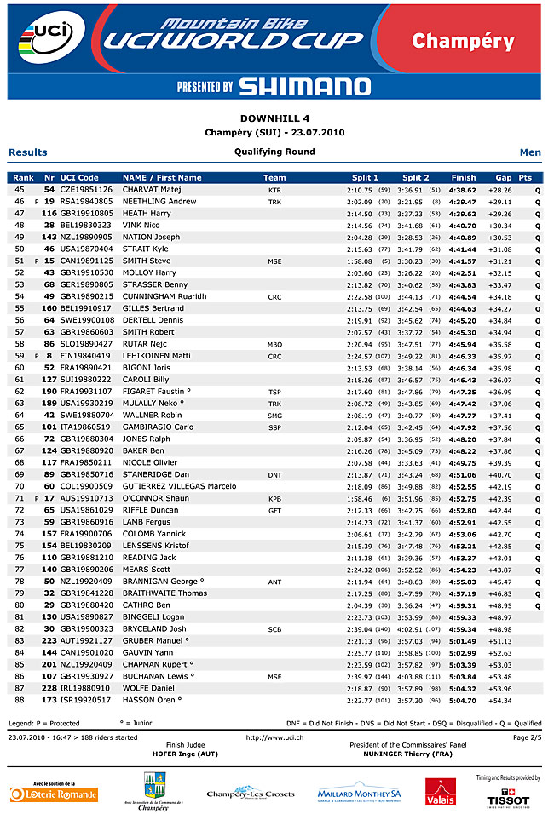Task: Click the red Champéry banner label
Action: click(463, 41)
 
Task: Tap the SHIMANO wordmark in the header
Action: click(304, 86)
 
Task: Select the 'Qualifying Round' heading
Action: click(274, 152)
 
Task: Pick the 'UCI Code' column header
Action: click(79, 178)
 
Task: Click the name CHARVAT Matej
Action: click(152, 189)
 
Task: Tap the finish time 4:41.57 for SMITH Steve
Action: click(463, 261)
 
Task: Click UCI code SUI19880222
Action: click(86, 380)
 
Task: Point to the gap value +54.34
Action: click(499, 700)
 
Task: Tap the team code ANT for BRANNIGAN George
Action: click(274, 582)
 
